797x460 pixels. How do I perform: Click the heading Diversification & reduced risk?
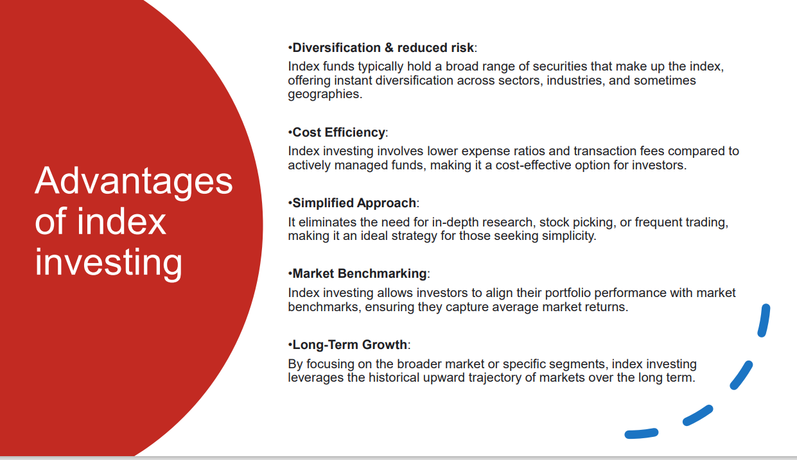(383, 47)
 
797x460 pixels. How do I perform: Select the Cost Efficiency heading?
(338, 132)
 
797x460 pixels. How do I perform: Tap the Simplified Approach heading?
(354, 203)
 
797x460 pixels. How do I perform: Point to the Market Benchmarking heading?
(360, 273)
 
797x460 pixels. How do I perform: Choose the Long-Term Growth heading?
(349, 345)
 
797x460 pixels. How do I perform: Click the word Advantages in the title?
(134, 181)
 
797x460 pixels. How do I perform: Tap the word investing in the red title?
(108, 262)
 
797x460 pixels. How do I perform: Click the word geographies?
(325, 94)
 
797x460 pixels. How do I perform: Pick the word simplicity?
(569, 235)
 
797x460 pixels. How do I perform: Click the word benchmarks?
(324, 307)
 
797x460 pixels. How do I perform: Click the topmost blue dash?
(764, 320)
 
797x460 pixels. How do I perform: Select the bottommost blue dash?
(642, 433)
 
